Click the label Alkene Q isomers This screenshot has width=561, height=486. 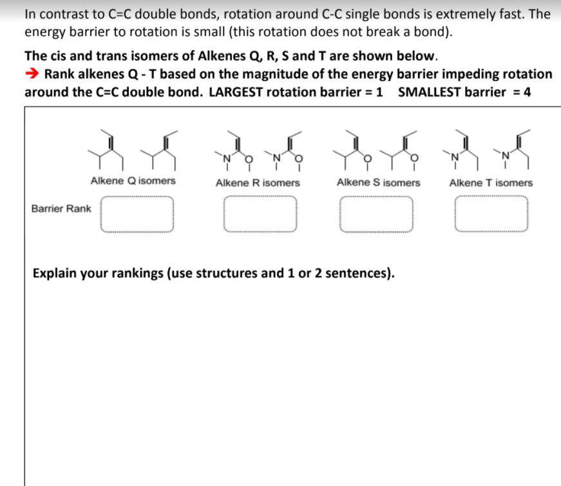point(133,181)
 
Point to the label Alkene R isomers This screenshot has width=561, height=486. point(258,183)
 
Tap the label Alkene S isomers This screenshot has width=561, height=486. point(378,183)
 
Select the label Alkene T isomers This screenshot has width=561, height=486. point(491,183)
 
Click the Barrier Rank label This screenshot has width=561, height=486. point(61,209)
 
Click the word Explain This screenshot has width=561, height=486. point(55,273)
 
